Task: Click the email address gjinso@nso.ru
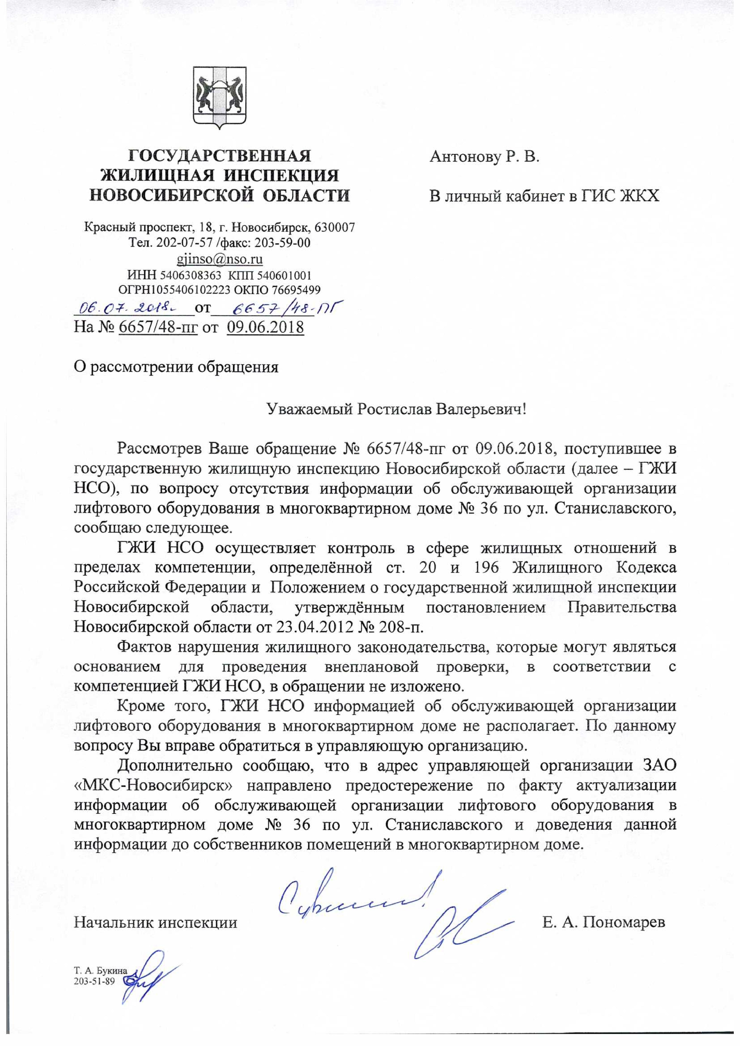[219, 259]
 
